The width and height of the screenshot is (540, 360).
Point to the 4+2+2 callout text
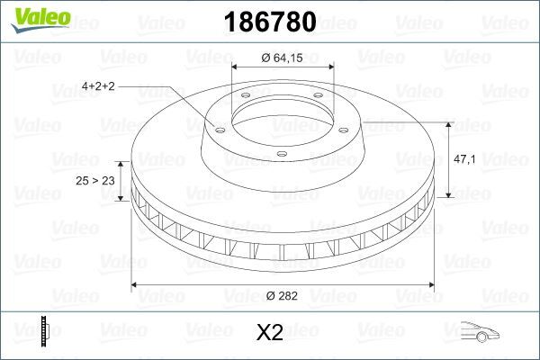click(x=98, y=86)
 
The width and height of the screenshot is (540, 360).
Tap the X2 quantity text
click(x=270, y=333)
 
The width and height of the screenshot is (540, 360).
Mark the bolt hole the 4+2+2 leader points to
click(x=217, y=128)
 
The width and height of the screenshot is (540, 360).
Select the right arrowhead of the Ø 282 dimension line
click(x=431, y=285)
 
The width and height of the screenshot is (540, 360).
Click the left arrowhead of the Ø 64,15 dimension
click(x=235, y=68)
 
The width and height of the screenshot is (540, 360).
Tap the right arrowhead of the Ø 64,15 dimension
click(x=330, y=68)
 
